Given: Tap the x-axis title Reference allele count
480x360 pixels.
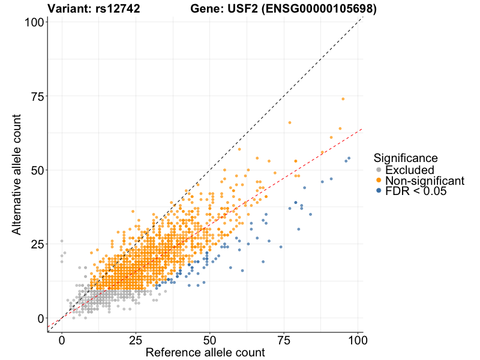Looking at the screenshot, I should tap(205, 353).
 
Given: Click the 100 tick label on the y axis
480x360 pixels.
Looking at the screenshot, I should tap(34, 22).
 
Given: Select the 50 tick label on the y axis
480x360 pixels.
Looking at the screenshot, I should tap(37, 170).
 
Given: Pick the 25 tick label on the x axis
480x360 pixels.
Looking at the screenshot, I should tap(136, 340).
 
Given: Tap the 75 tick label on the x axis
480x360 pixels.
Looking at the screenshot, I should tap(284, 340).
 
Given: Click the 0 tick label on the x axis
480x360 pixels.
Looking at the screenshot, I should tap(62, 340).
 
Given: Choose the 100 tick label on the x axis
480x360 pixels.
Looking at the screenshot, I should tap(358, 340).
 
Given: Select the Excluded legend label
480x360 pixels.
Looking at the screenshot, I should tap(418, 170).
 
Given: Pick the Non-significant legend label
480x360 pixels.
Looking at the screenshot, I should tap(425, 181).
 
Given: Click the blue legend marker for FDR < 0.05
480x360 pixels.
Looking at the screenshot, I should tap(379, 191).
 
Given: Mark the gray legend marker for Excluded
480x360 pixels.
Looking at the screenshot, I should tap(379, 170).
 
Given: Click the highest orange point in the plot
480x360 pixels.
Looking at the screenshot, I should tap(343, 99).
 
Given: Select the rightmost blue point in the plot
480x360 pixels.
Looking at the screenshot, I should tap(349, 158).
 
